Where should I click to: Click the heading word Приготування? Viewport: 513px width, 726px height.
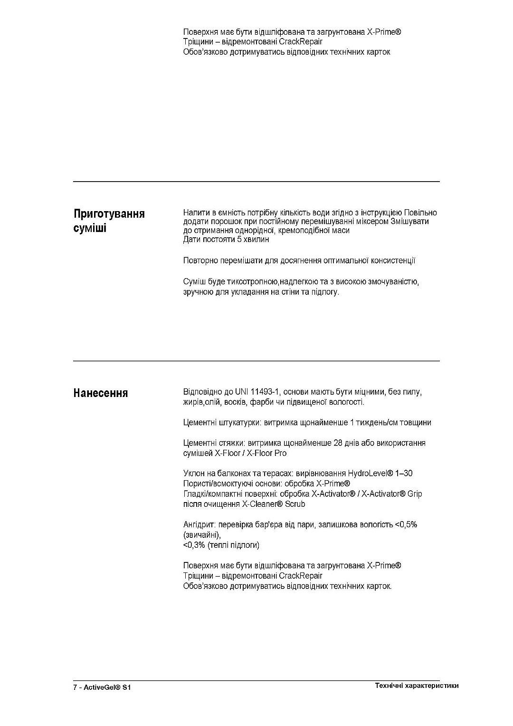(109, 213)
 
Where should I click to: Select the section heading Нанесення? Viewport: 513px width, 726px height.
(101, 393)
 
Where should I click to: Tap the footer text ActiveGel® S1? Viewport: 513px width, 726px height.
(107, 687)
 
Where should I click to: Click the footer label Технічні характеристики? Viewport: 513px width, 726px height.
(417, 686)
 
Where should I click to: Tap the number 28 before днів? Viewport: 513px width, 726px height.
(338, 443)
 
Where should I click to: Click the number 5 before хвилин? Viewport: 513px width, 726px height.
(239, 239)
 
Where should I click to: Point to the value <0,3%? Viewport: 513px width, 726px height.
(194, 545)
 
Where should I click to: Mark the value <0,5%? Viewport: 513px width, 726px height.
(406, 524)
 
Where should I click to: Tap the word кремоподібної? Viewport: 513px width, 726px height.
(301, 230)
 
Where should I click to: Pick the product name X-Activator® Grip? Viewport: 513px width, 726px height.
(392, 494)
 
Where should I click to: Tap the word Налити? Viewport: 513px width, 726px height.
(195, 212)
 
